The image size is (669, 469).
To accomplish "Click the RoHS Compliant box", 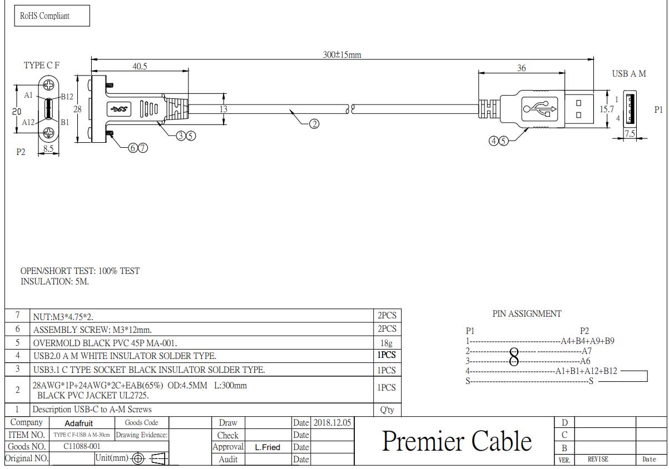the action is pyautogui.click(x=52, y=16).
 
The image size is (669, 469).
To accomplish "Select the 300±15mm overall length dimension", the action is pyautogui.click(x=342, y=54).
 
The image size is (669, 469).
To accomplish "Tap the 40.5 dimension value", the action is pyautogui.click(x=140, y=66).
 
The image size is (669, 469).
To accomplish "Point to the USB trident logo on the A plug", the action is pyautogui.click(x=539, y=109).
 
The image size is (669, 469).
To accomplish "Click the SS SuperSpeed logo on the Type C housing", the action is pyautogui.click(x=119, y=109).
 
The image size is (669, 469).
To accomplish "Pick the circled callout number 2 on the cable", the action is pyautogui.click(x=314, y=124).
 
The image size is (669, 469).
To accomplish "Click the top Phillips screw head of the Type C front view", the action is pyautogui.click(x=49, y=86).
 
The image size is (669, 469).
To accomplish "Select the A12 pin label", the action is pyautogui.click(x=28, y=122).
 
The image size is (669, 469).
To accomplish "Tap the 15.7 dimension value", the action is pyautogui.click(x=607, y=109).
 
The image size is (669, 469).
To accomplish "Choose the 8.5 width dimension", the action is pyautogui.click(x=48, y=148).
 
